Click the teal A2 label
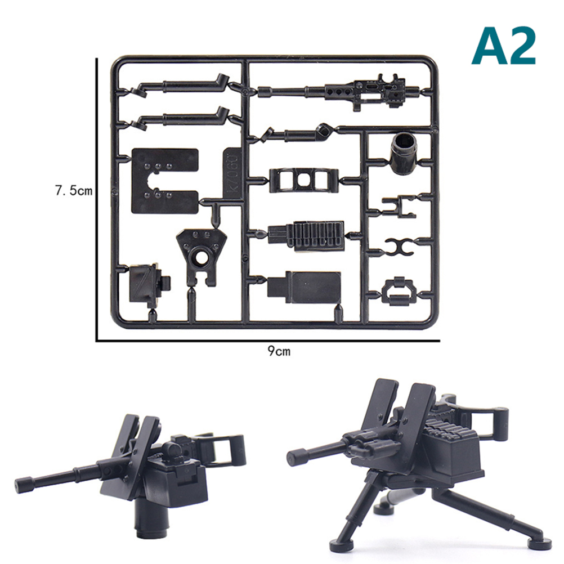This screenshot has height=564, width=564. [x=504, y=46]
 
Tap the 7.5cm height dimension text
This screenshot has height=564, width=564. [x=74, y=191]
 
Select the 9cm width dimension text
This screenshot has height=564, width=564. [x=279, y=351]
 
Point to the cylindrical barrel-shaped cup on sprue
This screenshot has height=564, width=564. [x=404, y=153]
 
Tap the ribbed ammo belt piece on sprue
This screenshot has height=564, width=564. [x=306, y=236]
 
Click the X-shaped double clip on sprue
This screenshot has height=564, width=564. [x=399, y=247]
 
